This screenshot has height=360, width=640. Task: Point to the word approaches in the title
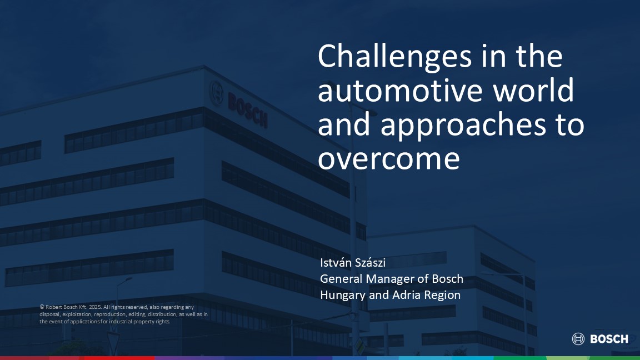click(463, 126)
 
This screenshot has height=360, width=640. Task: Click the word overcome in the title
click(388, 159)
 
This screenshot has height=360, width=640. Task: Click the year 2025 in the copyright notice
click(94, 307)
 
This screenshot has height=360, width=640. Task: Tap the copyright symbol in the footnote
click(42, 307)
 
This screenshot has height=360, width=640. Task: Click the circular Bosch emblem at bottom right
click(578, 339)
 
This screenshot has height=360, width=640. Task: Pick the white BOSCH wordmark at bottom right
click(609, 339)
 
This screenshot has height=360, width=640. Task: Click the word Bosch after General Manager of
click(447, 279)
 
